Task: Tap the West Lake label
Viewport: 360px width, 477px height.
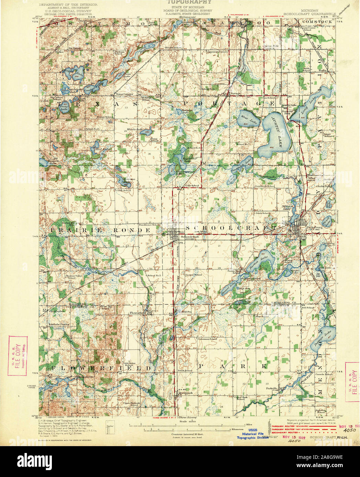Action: tap(245, 117)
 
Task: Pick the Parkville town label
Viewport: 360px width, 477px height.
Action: tap(272, 388)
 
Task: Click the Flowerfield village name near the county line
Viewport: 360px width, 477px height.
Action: tap(138, 313)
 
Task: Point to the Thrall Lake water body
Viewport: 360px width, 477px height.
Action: tap(327, 221)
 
